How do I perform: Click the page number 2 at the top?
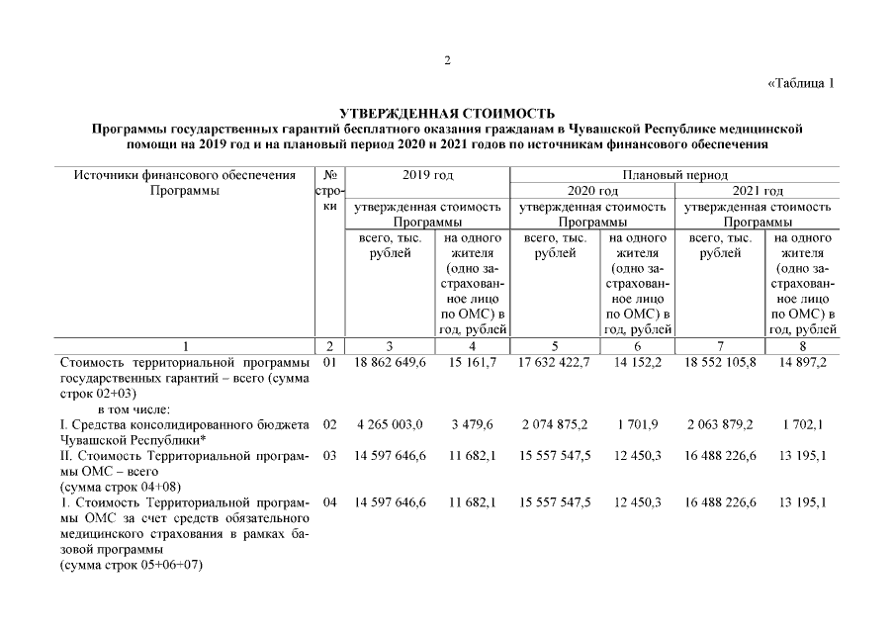click(447, 61)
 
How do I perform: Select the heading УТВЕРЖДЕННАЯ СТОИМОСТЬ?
click(447, 115)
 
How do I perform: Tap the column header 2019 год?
click(427, 175)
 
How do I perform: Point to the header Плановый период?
click(674, 175)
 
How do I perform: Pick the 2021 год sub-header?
click(757, 191)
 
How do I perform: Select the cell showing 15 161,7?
click(472, 364)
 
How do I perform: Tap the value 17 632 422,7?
click(554, 364)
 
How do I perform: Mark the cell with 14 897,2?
click(802, 364)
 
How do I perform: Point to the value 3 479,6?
click(472, 424)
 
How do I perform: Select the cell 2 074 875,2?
click(554, 424)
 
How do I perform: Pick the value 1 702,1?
click(802, 424)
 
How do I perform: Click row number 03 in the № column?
click(330, 455)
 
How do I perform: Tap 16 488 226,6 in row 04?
click(719, 502)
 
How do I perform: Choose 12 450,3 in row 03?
click(637, 455)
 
